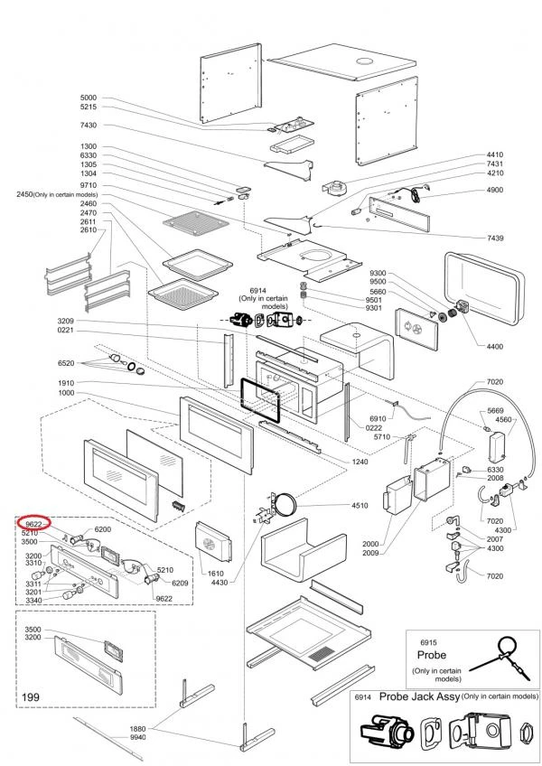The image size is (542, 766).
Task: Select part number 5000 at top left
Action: (x=88, y=98)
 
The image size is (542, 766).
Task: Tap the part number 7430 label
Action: (x=88, y=125)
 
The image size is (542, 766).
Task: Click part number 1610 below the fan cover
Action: (x=214, y=574)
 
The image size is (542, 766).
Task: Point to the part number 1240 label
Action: (x=361, y=462)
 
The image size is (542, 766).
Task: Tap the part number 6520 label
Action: (x=65, y=362)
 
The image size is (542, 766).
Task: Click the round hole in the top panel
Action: (x=366, y=61)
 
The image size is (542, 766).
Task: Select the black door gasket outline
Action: (x=262, y=397)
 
